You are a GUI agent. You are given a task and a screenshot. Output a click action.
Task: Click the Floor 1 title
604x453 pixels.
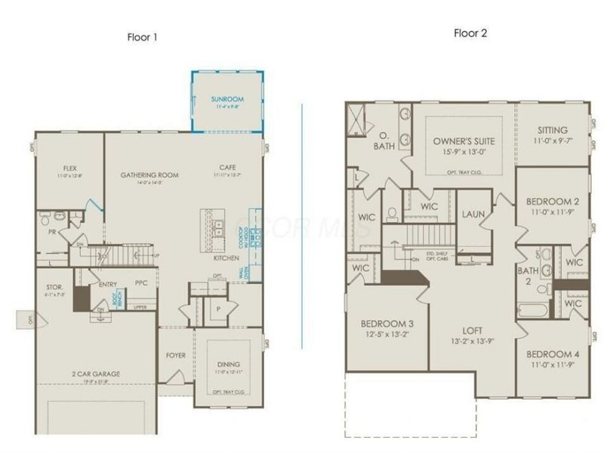pyautogui.click(x=143, y=36)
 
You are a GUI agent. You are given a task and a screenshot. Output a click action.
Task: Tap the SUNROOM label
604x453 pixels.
pyautogui.click(x=226, y=99)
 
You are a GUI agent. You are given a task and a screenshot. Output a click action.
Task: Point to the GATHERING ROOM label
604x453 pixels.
pyautogui.click(x=149, y=175)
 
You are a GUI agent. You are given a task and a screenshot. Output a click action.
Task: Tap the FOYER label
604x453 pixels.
pyautogui.click(x=176, y=355)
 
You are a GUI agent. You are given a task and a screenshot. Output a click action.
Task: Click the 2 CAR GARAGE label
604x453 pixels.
pyautogui.click(x=96, y=373)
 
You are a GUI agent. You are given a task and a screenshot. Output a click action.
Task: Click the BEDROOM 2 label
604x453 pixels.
pyautogui.click(x=553, y=202)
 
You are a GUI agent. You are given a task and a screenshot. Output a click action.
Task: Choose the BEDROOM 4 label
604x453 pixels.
pyautogui.click(x=553, y=354)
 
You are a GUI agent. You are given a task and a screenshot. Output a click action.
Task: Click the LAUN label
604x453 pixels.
pyautogui.click(x=474, y=214)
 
